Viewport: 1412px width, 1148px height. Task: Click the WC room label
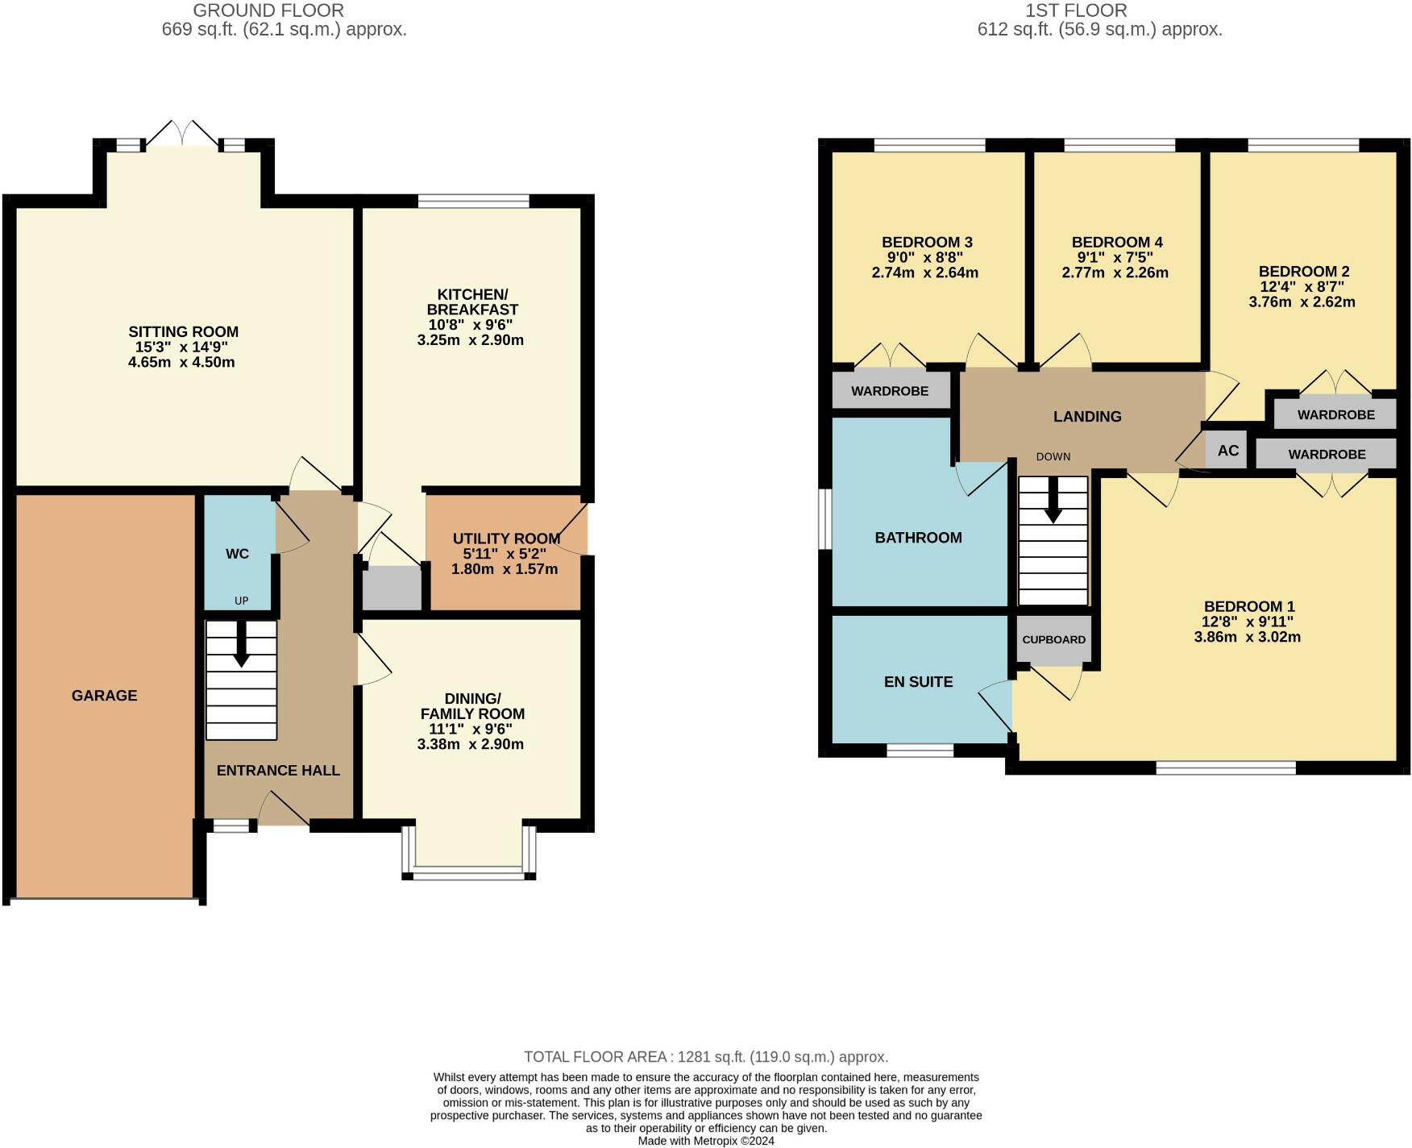pyautogui.click(x=237, y=554)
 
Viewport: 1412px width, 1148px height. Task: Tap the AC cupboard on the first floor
pyautogui.click(x=1227, y=451)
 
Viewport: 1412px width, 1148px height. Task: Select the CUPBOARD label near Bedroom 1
pyautogui.click(x=1053, y=639)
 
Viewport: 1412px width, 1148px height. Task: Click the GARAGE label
pyautogui.click(x=105, y=696)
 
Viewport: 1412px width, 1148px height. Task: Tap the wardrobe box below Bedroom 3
pyautogui.click(x=890, y=391)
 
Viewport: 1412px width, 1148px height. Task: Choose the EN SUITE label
pyautogui.click(x=918, y=682)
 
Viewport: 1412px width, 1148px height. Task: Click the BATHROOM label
pyautogui.click(x=918, y=538)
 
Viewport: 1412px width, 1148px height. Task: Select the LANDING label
pyautogui.click(x=1087, y=417)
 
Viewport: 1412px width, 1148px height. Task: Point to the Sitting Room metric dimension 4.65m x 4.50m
pyautogui.click(x=181, y=363)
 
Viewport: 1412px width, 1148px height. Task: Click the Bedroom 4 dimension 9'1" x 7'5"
pyautogui.click(x=1115, y=258)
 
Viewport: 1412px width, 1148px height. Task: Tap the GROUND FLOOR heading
pyautogui.click(x=268, y=10)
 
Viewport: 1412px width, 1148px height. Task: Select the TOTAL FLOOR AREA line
pyautogui.click(x=706, y=1057)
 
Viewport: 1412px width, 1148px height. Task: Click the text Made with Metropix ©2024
pyautogui.click(x=706, y=1142)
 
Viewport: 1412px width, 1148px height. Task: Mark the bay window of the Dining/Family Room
pyautogui.click(x=469, y=851)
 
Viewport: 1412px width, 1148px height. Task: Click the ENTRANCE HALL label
pyautogui.click(x=278, y=771)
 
